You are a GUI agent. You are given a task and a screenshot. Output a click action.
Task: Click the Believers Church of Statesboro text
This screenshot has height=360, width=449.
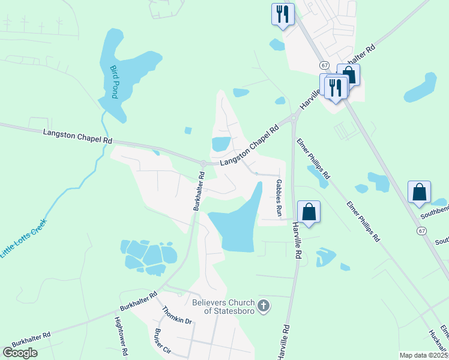click(x=223, y=307)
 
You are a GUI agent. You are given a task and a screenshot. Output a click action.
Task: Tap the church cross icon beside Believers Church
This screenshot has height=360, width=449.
click(x=264, y=307)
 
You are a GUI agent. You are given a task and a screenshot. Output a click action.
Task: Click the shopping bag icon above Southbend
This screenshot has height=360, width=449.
click(x=419, y=191)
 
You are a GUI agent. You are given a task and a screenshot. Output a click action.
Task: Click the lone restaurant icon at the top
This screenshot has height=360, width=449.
click(x=283, y=13)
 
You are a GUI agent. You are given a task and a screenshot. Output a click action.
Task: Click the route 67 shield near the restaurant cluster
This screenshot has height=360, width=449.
click(x=324, y=65)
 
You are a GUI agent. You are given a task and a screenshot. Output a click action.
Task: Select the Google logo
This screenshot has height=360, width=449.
click(x=20, y=353)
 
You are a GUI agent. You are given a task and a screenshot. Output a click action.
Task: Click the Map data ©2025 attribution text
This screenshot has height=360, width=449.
click(x=423, y=355)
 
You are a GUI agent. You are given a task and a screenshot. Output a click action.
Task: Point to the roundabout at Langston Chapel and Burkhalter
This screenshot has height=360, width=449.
click(x=203, y=164)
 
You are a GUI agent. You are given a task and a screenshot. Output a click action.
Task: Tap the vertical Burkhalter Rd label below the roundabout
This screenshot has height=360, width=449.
click(x=199, y=191)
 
